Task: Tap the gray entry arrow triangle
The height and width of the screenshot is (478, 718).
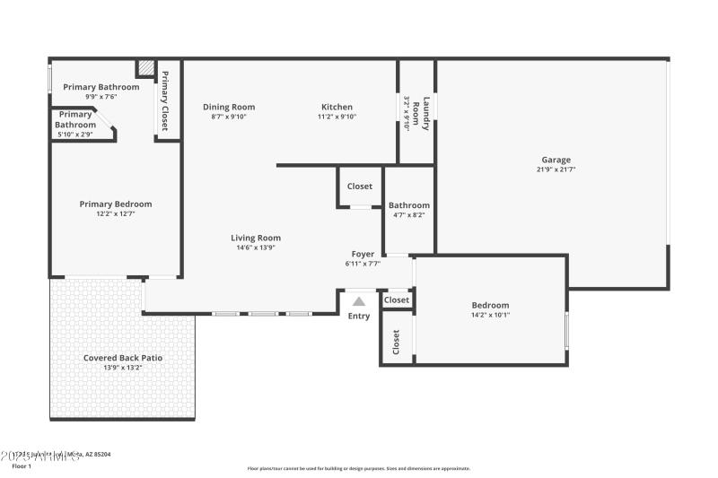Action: [359, 302]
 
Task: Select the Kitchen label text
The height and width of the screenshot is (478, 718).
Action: [337, 107]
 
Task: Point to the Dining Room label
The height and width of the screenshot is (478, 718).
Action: [228, 107]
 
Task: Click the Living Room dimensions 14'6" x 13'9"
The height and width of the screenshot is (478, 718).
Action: [256, 248]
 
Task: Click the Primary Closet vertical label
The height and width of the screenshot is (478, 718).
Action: [165, 100]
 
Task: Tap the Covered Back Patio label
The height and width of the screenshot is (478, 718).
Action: [123, 358]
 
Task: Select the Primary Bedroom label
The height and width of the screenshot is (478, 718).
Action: [115, 204]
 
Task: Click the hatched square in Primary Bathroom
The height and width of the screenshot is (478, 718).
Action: [144, 69]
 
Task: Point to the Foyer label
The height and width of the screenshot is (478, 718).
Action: [363, 254]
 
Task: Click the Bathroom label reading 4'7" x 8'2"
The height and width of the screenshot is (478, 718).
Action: [408, 214]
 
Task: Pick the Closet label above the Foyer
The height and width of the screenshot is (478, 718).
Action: [360, 187]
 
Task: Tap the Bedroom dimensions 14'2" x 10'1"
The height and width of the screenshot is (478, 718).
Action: [490, 315]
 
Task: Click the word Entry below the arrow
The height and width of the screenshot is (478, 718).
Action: [359, 316]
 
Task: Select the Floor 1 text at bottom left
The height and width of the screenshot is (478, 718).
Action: [21, 466]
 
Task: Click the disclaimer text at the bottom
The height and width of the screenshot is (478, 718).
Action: [358, 468]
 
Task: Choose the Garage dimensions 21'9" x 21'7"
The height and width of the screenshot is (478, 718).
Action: [556, 169]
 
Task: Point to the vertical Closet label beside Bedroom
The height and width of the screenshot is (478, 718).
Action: [396, 341]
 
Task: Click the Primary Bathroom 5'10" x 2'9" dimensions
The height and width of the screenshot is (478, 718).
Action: [75, 134]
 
